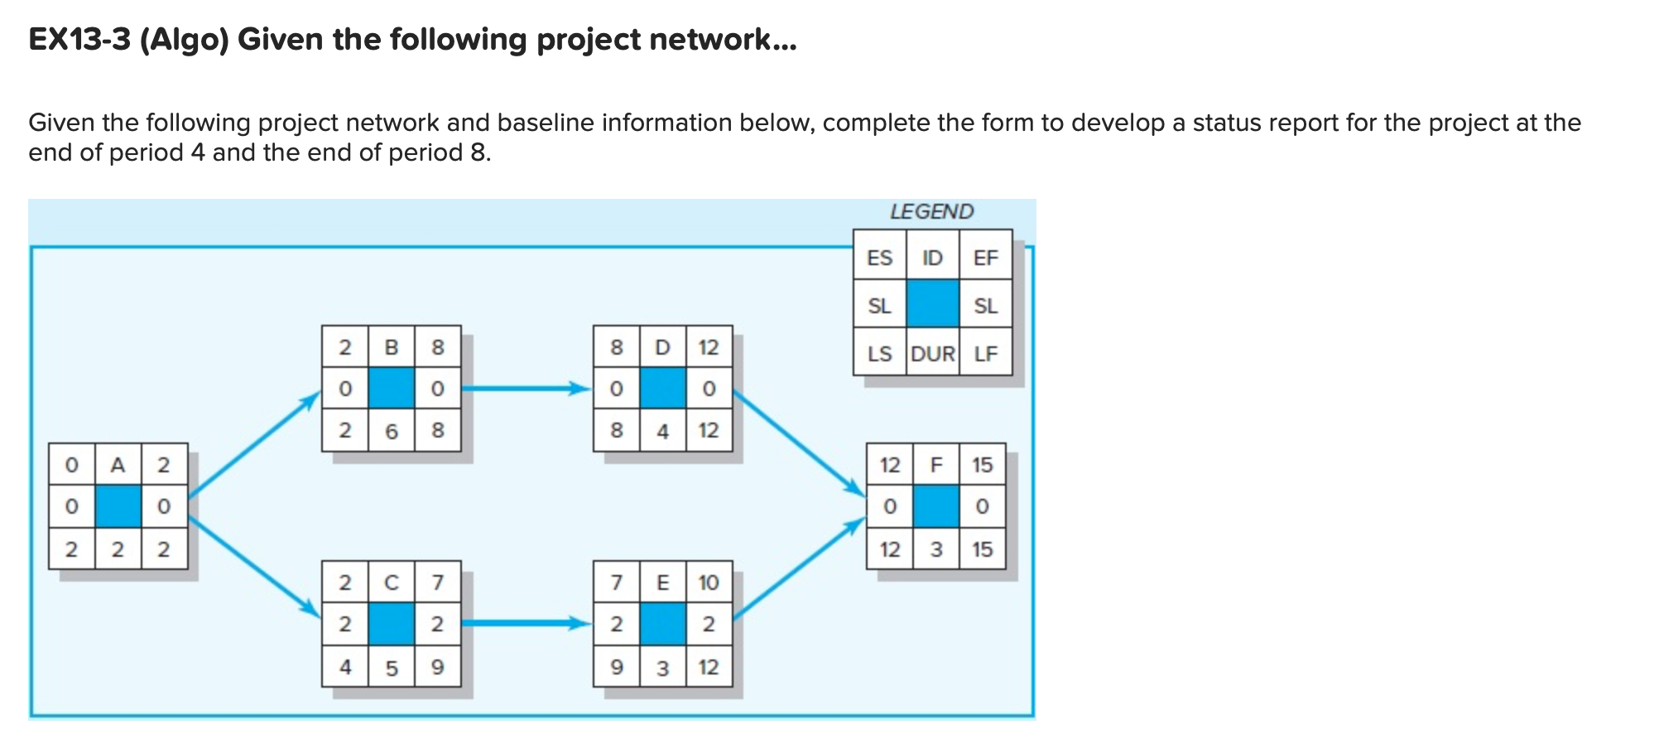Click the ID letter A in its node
(x=118, y=465)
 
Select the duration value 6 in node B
(x=392, y=431)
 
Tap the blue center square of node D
(x=662, y=389)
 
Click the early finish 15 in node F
(x=982, y=465)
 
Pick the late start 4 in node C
(x=345, y=667)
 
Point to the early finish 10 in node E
(x=709, y=582)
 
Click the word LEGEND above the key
(x=931, y=212)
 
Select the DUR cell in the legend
(x=933, y=354)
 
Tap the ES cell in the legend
(x=879, y=258)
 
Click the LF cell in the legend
(x=985, y=354)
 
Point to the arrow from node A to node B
(x=252, y=447)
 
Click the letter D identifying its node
(x=662, y=347)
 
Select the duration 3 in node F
(x=936, y=549)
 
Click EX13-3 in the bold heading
(x=79, y=40)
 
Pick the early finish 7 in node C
(x=438, y=582)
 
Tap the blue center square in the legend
(x=933, y=305)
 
